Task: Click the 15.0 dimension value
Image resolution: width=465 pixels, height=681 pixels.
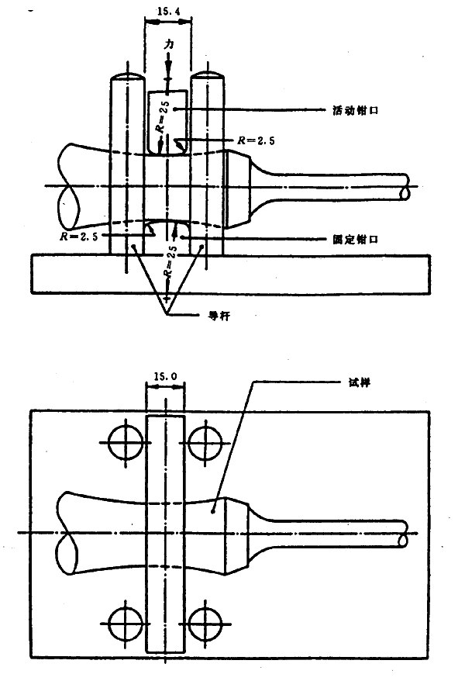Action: [x=165, y=377]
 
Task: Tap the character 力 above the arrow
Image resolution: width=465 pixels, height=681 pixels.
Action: [x=168, y=47]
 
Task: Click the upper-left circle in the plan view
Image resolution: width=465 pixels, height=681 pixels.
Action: [x=123, y=443]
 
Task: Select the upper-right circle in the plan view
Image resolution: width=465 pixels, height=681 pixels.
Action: [x=205, y=443]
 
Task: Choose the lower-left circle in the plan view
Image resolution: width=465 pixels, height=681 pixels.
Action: [x=123, y=621]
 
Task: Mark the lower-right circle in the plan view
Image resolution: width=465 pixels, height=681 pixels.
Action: [x=205, y=621]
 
